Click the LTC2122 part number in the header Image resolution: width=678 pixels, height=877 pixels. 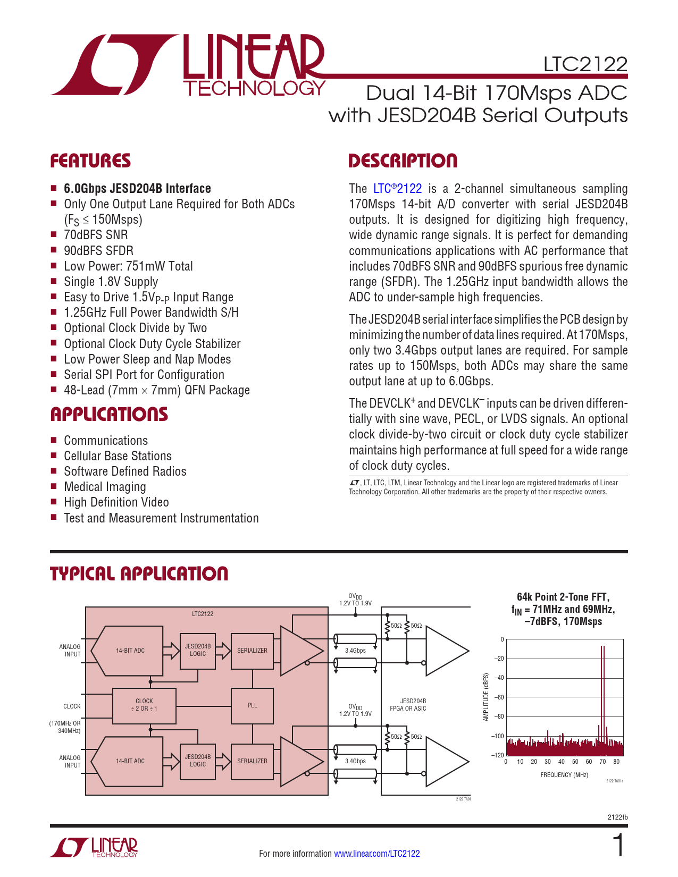pyautogui.click(x=585, y=64)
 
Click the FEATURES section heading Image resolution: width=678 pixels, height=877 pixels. pyautogui.click(x=90, y=161)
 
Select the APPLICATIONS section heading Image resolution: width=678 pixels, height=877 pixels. pyautogui.click(x=109, y=415)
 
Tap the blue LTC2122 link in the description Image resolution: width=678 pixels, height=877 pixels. pyautogui.click(x=397, y=189)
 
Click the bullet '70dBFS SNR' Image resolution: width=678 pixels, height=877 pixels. pyautogui.click(x=96, y=235)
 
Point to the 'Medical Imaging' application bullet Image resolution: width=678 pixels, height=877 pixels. pyautogui.click(x=105, y=487)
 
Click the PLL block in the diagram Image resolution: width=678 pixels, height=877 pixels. pyautogui.click(x=252, y=705)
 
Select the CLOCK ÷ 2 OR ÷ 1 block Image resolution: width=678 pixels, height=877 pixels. pyautogui.click(x=144, y=705)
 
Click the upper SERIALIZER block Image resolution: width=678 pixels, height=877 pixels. pyautogui.click(x=252, y=651)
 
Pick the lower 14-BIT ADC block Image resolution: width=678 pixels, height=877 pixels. pyautogui.click(x=130, y=761)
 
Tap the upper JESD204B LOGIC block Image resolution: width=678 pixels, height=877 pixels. pyautogui.click(x=198, y=650)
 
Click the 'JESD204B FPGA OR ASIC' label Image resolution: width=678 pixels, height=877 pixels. pyautogui.click(x=408, y=705)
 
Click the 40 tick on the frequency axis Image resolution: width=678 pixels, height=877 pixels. pyautogui.click(x=561, y=762)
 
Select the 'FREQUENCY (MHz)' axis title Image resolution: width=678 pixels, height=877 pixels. pyautogui.click(x=564, y=775)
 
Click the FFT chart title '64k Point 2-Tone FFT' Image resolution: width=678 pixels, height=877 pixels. pyautogui.click(x=563, y=597)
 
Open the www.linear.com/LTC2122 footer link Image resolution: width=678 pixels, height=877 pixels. pyautogui.click(x=376, y=854)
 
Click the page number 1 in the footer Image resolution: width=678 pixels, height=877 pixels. pyautogui.click(x=618, y=846)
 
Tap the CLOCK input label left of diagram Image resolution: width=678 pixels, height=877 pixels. pyautogui.click(x=72, y=706)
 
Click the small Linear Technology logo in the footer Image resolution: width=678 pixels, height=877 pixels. pyautogui.click(x=94, y=847)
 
